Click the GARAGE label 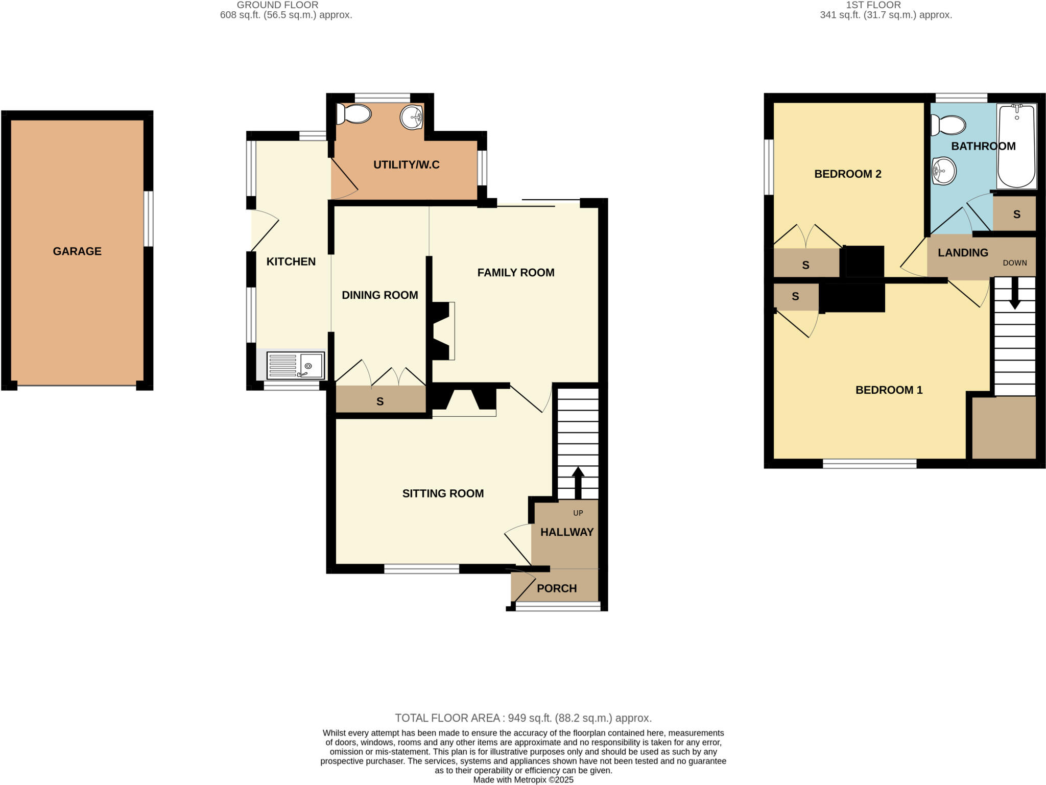pos(77,251)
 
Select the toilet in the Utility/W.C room pos(354,114)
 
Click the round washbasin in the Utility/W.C pos(412,117)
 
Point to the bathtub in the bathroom pos(1016,147)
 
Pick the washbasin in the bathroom pos(944,171)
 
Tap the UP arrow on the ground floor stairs pos(578,482)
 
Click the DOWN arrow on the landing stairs pos(1014,294)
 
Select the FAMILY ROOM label pos(516,273)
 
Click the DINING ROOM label pos(379,295)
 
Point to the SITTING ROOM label pos(443,493)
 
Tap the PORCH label pos(557,588)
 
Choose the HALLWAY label pos(567,532)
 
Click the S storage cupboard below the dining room pos(380,401)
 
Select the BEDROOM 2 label pos(848,174)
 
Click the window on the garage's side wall pos(148,219)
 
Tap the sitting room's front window pos(421,569)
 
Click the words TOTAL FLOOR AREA pos(447,718)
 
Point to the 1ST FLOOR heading pos(873,5)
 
